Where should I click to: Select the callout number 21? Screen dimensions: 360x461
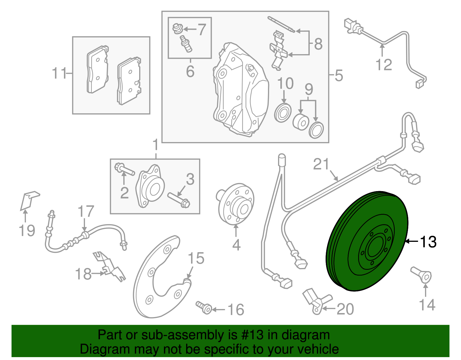(x=321, y=165)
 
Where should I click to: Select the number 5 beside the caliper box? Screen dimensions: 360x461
(x=339, y=75)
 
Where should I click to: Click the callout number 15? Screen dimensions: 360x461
(x=196, y=259)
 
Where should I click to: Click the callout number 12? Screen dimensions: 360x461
(x=384, y=65)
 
